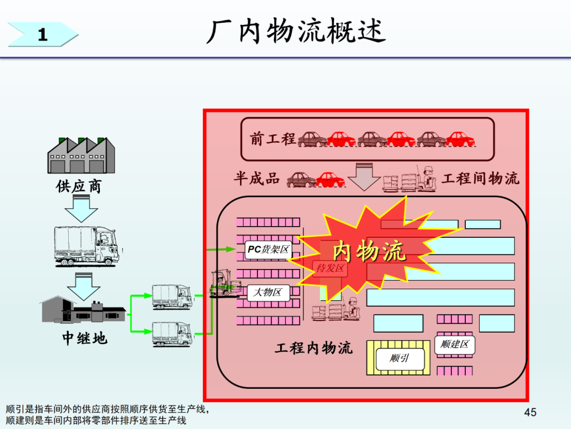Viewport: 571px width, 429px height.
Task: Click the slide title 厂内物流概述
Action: (296, 31)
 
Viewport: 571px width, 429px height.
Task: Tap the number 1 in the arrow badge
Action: (43, 35)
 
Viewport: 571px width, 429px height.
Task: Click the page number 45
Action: (530, 412)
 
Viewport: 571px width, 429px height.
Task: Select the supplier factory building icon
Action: (81, 155)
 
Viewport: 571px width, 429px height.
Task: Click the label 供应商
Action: (78, 186)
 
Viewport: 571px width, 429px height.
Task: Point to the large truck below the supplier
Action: (87, 246)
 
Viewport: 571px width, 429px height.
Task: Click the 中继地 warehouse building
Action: (84, 309)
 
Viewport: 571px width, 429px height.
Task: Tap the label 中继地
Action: (85, 338)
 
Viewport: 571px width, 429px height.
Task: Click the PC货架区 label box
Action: (269, 250)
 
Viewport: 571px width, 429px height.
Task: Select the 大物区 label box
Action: (269, 292)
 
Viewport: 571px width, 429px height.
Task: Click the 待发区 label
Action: (330, 269)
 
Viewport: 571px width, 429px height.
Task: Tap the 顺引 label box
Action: (400, 359)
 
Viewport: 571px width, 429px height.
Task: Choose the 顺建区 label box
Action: (455, 345)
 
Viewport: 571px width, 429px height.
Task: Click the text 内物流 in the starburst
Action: (369, 252)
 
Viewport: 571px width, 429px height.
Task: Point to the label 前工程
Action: (273, 139)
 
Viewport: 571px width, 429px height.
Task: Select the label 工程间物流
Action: (481, 179)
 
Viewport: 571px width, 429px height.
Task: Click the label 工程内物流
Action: (314, 348)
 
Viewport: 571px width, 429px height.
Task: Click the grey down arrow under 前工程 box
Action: (364, 177)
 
